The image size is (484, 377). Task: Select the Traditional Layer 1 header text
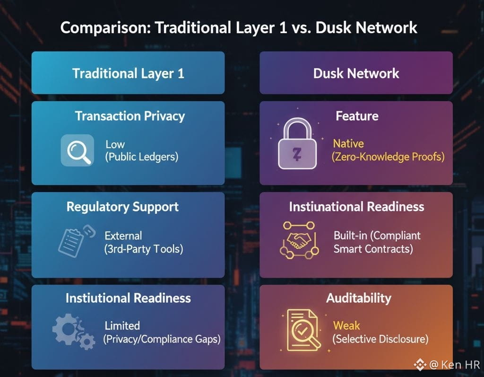pos(128,73)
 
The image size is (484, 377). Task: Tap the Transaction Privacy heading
pos(130,116)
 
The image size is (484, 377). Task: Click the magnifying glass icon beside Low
pos(77,150)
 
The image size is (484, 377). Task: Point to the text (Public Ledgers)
pos(141,157)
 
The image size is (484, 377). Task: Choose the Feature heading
pos(357,116)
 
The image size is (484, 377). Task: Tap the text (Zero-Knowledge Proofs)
pos(389,157)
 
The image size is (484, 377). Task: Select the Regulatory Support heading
pos(122,207)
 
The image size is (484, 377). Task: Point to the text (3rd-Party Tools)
pos(143,248)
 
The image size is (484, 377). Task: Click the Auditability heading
pos(358,298)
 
